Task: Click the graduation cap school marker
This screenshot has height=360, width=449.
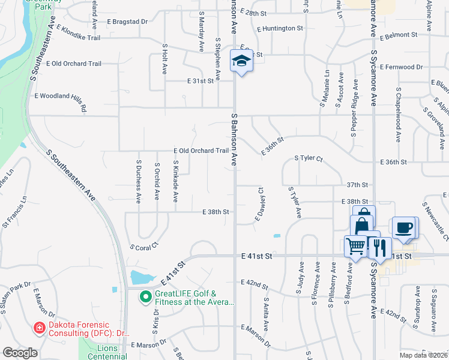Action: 242,61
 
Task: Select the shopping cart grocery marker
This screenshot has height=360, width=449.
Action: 355,245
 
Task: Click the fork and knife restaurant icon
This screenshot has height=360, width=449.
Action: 379,247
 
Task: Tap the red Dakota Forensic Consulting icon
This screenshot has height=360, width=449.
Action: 40,328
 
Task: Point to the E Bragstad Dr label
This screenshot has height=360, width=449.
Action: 127,22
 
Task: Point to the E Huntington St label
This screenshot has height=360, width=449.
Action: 279,28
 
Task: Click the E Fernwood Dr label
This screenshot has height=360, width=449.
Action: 401,67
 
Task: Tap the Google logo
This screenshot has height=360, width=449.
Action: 20,353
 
